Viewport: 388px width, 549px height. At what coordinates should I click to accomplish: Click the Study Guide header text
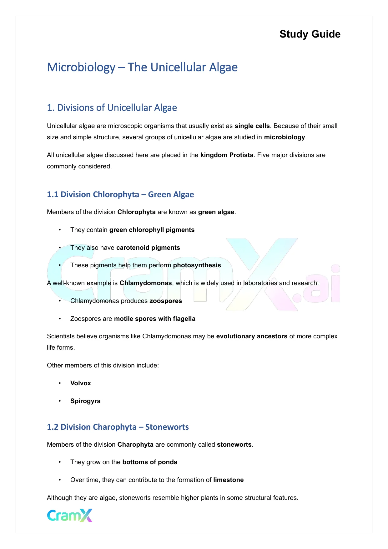click(x=310, y=34)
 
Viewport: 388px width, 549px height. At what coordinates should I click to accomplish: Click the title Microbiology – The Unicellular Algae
click(x=142, y=67)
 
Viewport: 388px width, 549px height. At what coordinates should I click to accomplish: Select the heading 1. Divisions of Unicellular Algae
click(x=112, y=108)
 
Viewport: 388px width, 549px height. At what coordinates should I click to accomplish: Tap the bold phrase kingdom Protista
click(x=227, y=155)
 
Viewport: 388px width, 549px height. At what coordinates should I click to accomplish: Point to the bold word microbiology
click(x=285, y=137)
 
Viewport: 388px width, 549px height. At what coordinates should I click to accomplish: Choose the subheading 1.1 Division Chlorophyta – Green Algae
click(x=120, y=194)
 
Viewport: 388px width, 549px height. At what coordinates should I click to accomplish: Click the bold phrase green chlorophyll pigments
click(x=152, y=230)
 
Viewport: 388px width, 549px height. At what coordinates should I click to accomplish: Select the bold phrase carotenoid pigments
click(x=148, y=248)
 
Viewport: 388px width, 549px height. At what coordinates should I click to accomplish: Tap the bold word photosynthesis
click(x=197, y=265)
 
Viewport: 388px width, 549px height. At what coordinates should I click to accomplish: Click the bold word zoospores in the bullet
click(x=166, y=301)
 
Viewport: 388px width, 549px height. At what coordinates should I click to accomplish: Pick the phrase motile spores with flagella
click(x=155, y=319)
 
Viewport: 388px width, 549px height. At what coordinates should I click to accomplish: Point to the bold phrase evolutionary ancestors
click(x=252, y=336)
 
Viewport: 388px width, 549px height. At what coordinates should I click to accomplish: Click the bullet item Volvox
click(x=81, y=383)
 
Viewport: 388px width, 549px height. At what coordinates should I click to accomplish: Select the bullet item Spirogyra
click(x=85, y=401)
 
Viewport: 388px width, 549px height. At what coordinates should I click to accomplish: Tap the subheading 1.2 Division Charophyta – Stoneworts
click(x=118, y=427)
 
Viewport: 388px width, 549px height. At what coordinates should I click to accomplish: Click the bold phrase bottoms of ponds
click(x=150, y=462)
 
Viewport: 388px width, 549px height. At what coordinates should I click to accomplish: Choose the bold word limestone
click(x=229, y=480)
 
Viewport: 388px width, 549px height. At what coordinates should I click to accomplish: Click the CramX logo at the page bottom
click(x=70, y=515)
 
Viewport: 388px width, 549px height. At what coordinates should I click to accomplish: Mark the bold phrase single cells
click(x=252, y=126)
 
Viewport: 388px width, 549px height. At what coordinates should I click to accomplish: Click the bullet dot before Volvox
click(x=59, y=383)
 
